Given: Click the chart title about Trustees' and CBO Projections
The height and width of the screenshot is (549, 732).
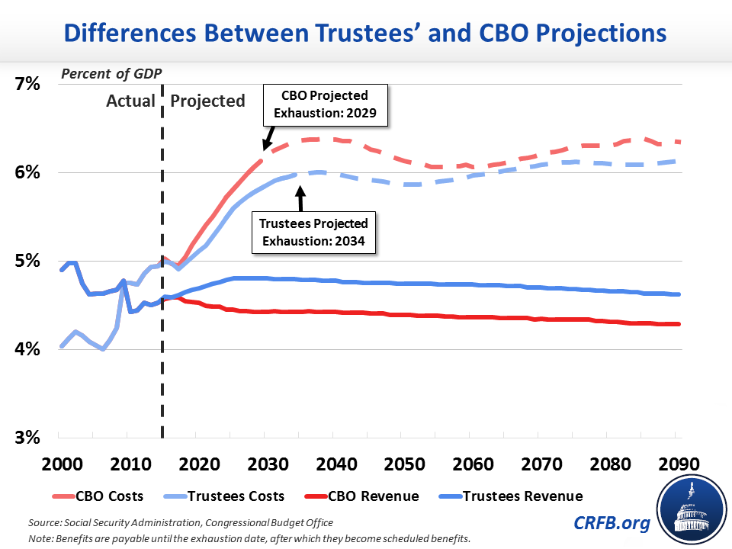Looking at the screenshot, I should click(365, 34).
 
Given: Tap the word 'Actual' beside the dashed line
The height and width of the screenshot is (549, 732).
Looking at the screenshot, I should click(130, 101).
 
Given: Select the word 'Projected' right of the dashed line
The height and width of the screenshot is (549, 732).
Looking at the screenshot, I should click(207, 101).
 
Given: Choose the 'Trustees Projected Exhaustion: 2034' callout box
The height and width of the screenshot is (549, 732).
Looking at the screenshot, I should click(313, 233).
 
